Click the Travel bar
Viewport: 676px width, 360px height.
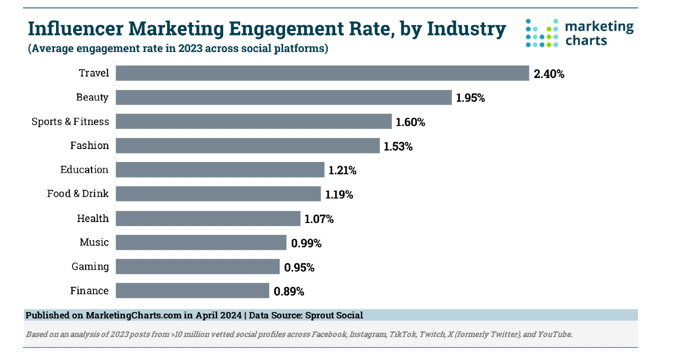(322, 73)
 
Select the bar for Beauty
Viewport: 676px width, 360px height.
(284, 97)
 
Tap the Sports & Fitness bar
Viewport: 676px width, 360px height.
(254, 121)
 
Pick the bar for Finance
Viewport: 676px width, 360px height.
(193, 290)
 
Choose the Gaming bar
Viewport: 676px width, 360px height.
(198, 266)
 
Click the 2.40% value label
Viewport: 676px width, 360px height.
(549, 74)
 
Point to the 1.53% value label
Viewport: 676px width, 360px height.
(398, 146)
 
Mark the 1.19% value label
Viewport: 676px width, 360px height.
(339, 194)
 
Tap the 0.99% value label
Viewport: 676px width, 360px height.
(306, 243)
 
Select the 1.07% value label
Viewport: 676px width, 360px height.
(319, 218)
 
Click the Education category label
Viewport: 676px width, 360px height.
(84, 169)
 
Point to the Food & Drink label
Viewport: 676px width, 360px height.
(78, 193)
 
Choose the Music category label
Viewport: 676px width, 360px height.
(94, 242)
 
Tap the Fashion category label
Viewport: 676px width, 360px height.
(90, 145)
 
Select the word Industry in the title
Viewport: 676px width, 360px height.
(466, 29)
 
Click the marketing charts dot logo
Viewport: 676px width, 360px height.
(541, 33)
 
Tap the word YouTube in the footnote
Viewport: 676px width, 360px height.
(554, 334)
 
